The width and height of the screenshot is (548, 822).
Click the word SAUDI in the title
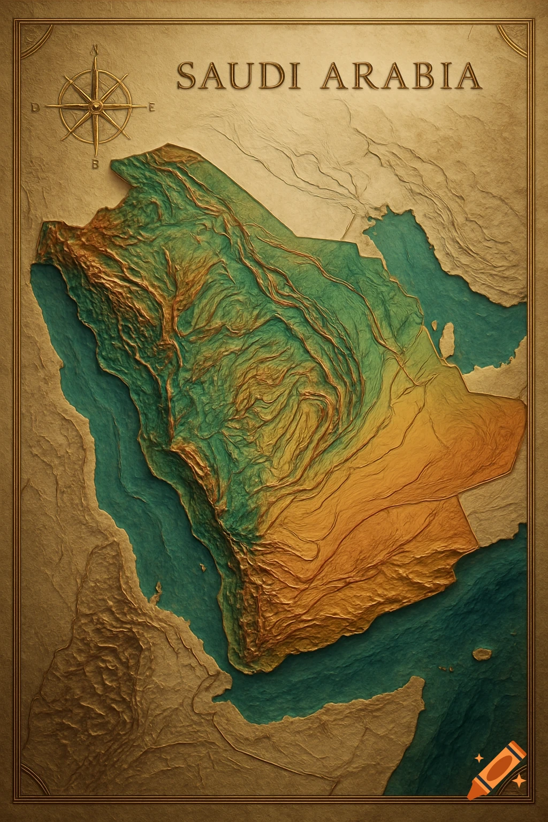(237, 76)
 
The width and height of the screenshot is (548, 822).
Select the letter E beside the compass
(151, 108)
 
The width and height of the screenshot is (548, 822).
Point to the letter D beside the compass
(36, 108)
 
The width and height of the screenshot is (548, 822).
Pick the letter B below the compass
(95, 164)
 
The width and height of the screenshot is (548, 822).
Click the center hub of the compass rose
(95, 108)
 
